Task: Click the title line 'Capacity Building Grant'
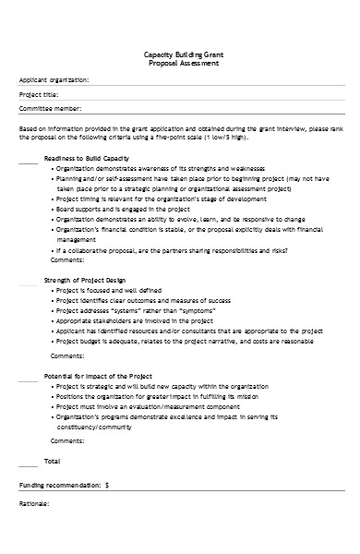click(179, 55)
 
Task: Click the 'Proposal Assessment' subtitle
click(179, 64)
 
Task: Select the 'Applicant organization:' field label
click(54, 80)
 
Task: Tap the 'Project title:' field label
click(40, 94)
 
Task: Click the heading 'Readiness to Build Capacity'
click(87, 159)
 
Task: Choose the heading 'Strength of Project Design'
click(86, 278)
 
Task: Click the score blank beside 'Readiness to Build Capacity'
click(28, 161)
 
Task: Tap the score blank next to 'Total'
click(28, 461)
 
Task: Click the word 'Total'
click(53, 459)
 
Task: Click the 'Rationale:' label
click(35, 504)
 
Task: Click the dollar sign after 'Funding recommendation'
click(107, 484)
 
